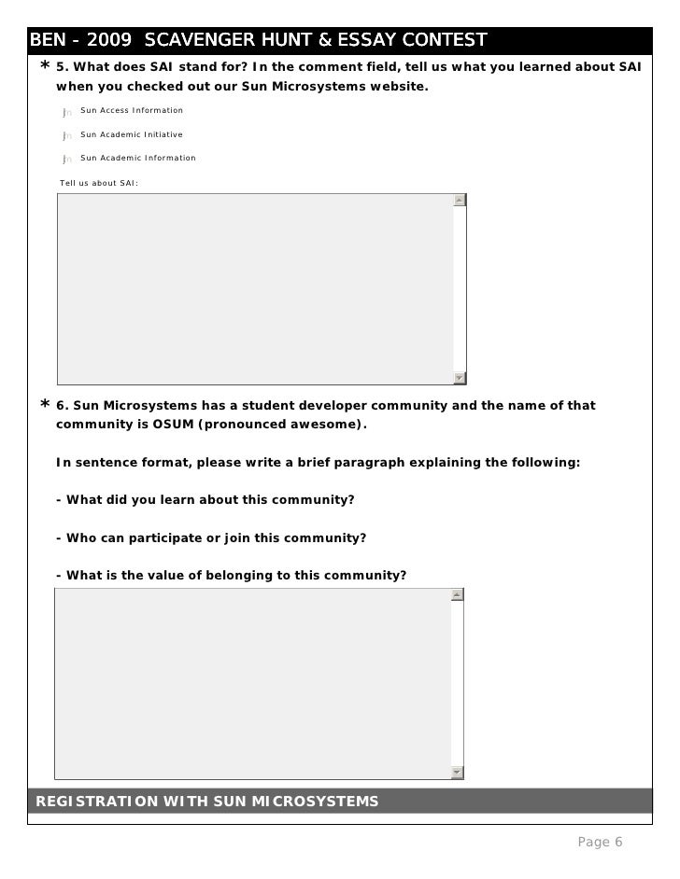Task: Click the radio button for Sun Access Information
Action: point(66,112)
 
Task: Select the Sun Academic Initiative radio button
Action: point(66,135)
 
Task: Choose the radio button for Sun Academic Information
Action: point(66,160)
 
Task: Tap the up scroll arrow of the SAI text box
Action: point(459,200)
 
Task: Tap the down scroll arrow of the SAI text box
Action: point(459,378)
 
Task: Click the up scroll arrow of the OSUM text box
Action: point(457,594)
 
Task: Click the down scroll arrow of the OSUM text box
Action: point(457,773)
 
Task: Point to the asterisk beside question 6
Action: point(45,406)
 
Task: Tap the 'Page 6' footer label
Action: point(600,843)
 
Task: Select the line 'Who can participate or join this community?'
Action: point(211,538)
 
